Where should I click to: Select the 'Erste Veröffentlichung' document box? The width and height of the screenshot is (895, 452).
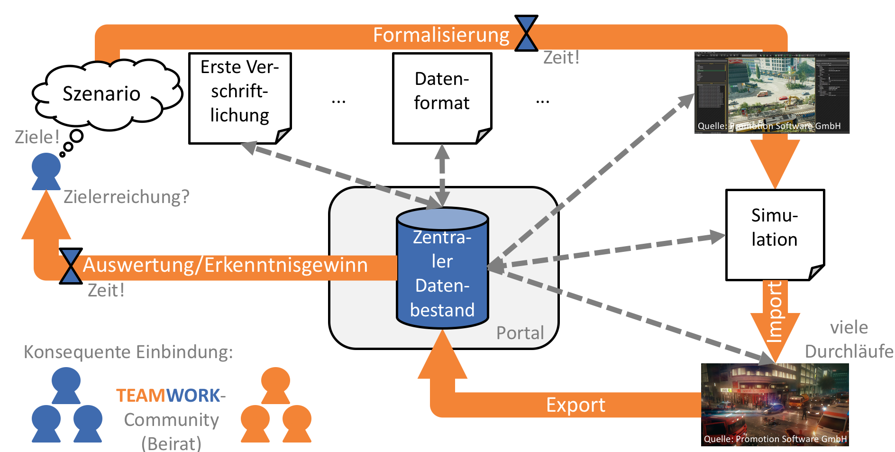(240, 98)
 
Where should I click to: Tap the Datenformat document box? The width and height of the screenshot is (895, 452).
(442, 98)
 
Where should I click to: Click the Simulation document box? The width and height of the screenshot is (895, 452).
(775, 235)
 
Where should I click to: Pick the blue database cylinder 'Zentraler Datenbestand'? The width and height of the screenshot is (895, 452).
(442, 268)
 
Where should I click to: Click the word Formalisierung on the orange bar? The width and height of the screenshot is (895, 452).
(441, 35)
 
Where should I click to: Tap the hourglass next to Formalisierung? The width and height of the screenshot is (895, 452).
(526, 33)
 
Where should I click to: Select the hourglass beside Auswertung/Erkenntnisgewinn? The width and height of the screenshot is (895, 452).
(71, 266)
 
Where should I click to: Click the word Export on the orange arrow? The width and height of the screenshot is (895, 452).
(575, 405)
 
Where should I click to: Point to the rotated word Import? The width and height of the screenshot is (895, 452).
(774, 312)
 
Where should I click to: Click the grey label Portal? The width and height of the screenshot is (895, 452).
(520, 333)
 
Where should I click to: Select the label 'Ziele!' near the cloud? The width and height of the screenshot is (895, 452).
(37, 137)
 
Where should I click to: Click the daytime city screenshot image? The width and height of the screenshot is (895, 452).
(772, 92)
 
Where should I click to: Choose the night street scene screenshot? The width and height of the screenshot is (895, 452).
(775, 405)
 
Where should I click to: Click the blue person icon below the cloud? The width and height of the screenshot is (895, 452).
(46, 171)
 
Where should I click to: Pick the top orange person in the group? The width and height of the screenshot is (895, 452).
(275, 385)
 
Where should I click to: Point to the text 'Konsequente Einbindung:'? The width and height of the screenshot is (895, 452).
(128, 352)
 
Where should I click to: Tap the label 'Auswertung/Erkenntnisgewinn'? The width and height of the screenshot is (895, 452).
(226, 265)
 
